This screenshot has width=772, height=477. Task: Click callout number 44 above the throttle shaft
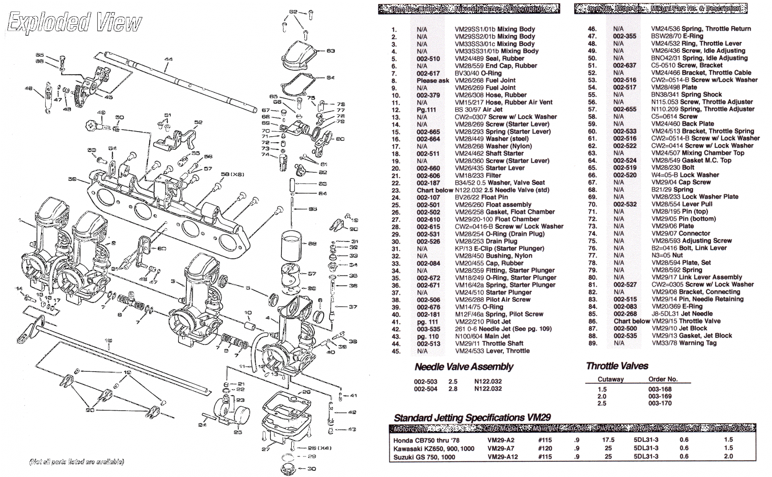tap(168, 59)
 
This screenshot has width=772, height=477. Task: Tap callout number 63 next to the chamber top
tap(331, 51)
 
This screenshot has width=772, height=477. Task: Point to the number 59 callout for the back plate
tap(72, 179)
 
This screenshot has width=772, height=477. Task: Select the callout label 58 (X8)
tap(233, 174)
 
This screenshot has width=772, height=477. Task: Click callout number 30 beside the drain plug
tap(312, 469)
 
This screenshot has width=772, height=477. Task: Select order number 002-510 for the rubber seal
tap(428, 59)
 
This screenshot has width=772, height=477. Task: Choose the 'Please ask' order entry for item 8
tap(433, 81)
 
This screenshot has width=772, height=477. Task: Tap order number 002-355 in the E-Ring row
tap(625, 36)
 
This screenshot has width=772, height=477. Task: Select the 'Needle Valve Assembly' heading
tap(464, 366)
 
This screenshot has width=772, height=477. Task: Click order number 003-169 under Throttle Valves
tap(659, 396)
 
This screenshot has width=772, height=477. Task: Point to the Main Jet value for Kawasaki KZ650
tap(545, 448)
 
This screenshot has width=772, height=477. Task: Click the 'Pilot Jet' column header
tap(608, 428)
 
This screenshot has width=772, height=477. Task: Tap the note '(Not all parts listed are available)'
tap(77, 461)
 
